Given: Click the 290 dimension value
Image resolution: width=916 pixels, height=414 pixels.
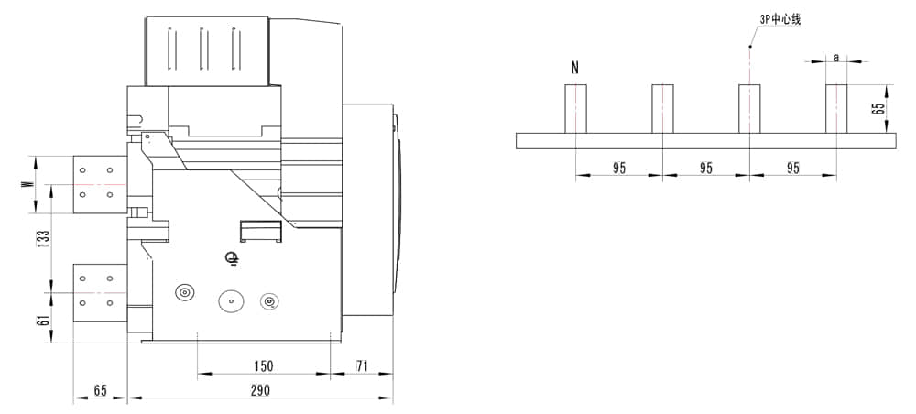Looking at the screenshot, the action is point(260,390).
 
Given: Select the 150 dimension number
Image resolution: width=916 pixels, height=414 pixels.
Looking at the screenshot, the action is point(263,366).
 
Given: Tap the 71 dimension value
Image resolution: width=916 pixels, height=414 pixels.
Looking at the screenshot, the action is point(362,366).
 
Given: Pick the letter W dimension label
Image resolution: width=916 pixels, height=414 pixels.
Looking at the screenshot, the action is point(26,184).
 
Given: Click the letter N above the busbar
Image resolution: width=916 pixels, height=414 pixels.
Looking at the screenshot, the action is point(575,69).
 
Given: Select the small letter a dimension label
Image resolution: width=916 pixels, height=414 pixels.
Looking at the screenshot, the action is point(836,57).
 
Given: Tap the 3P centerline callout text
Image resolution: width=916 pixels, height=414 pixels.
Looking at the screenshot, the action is point(780,20).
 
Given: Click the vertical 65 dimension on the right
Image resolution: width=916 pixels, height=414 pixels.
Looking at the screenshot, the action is point(877,109).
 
